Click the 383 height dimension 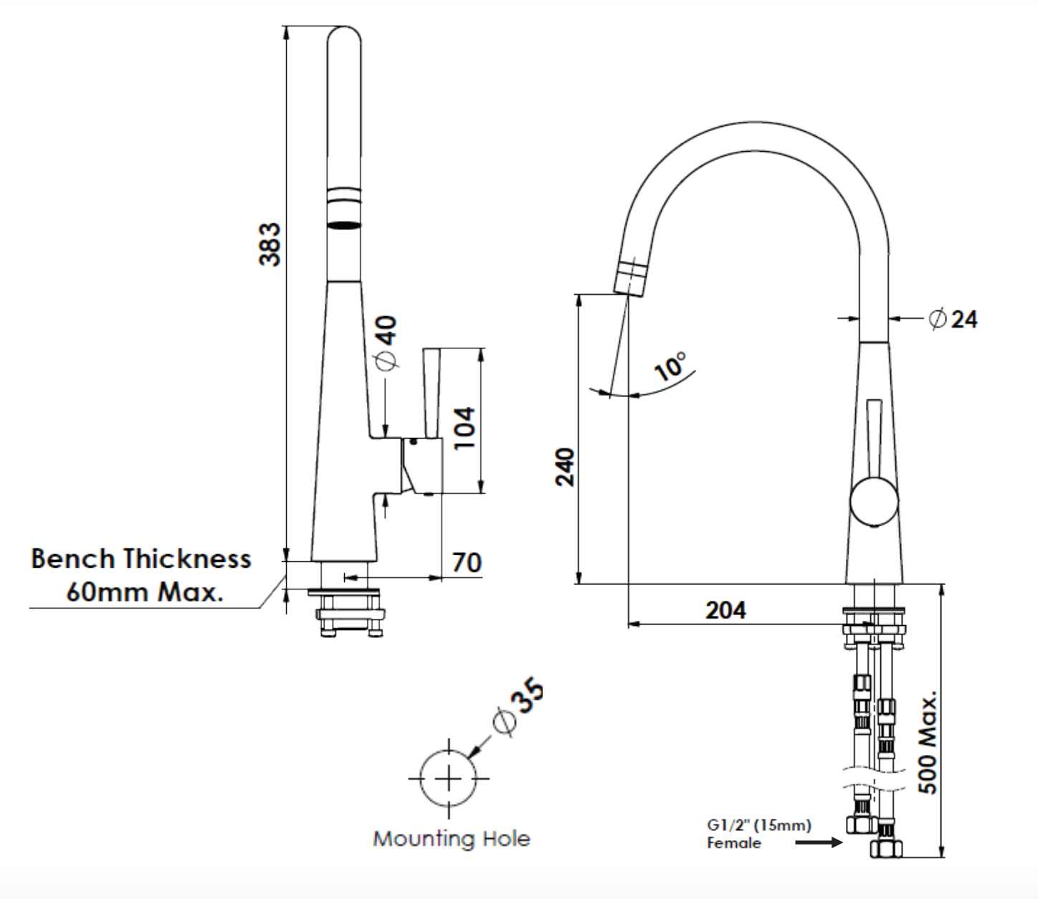point(270,244)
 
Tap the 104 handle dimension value point(464,427)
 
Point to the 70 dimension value point(466,562)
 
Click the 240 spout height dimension point(566,466)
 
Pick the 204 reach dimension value point(725,610)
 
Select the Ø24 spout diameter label point(953,318)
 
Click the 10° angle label point(671,366)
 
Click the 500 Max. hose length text point(928,743)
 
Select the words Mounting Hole point(452,839)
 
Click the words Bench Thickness point(141,558)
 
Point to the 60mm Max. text point(144,592)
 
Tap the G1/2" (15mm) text point(759,825)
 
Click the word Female point(734,843)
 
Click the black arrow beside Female point(819,842)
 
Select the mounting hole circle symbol point(449,779)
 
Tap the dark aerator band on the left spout point(343,225)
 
